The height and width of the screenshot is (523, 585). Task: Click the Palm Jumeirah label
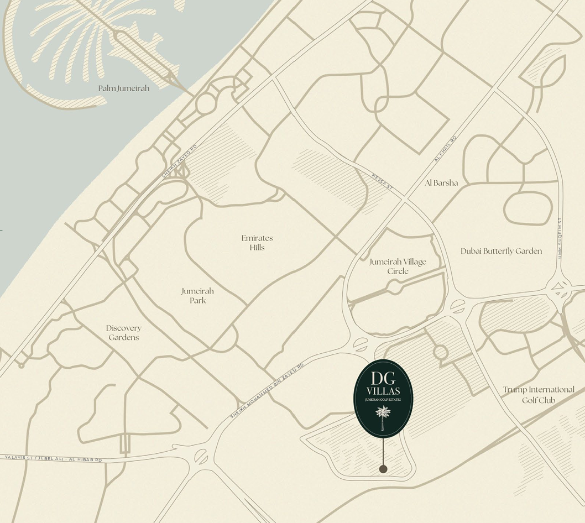tap(124, 88)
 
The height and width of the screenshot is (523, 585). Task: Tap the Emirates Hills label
tap(257, 243)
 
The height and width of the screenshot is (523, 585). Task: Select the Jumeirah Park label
tap(197, 296)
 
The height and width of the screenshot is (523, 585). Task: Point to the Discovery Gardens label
tap(124, 333)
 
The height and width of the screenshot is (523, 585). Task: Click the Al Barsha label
tap(441, 183)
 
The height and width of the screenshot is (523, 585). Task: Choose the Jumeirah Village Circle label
tap(398, 266)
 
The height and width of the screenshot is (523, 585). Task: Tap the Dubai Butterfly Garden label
tap(501, 252)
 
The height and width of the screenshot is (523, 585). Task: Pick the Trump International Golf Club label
tap(539, 395)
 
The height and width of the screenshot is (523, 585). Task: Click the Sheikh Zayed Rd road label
tap(179, 161)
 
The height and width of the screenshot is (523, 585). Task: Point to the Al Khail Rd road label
tap(446, 149)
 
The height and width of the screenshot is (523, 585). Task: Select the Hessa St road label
tap(382, 182)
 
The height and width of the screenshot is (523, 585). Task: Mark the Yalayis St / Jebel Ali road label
tap(53, 459)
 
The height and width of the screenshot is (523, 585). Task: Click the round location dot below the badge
tap(383, 469)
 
